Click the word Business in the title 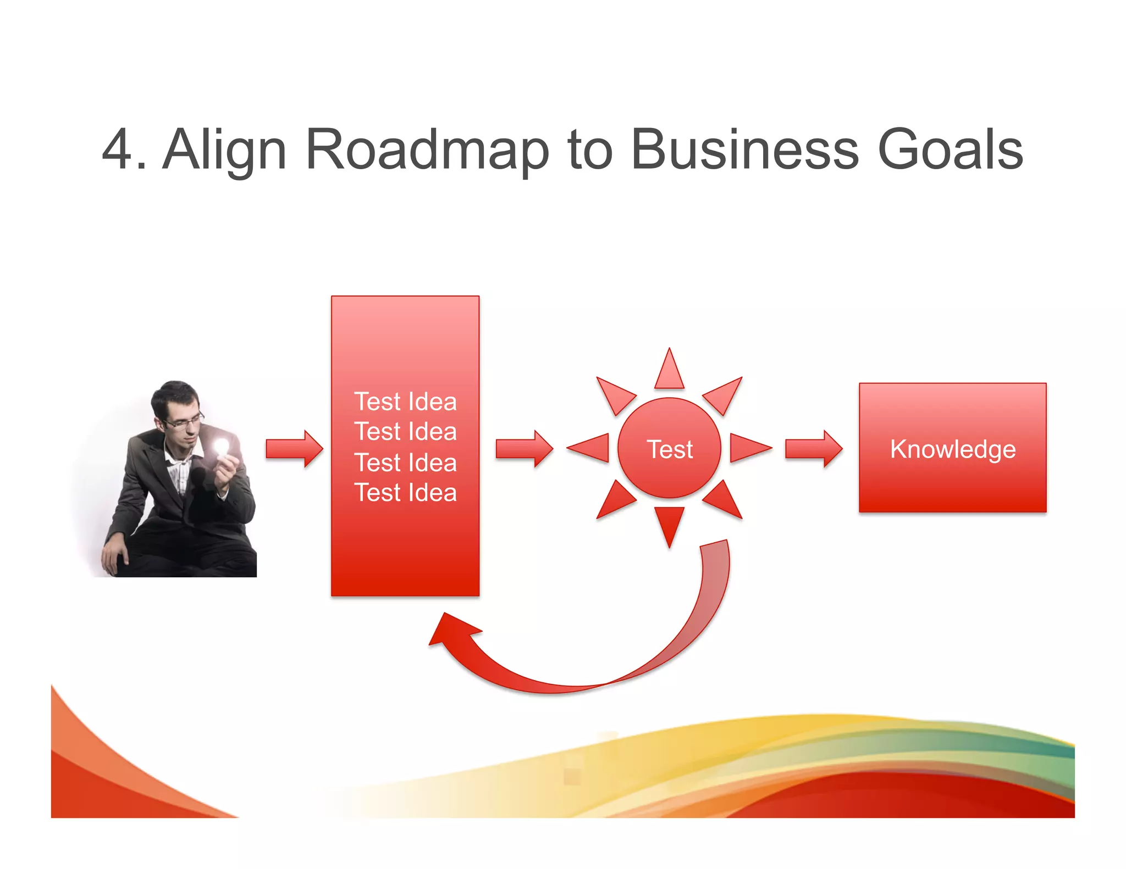744,149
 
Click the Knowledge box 952,448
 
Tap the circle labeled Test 669,448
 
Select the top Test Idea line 405,402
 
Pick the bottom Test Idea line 405,493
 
